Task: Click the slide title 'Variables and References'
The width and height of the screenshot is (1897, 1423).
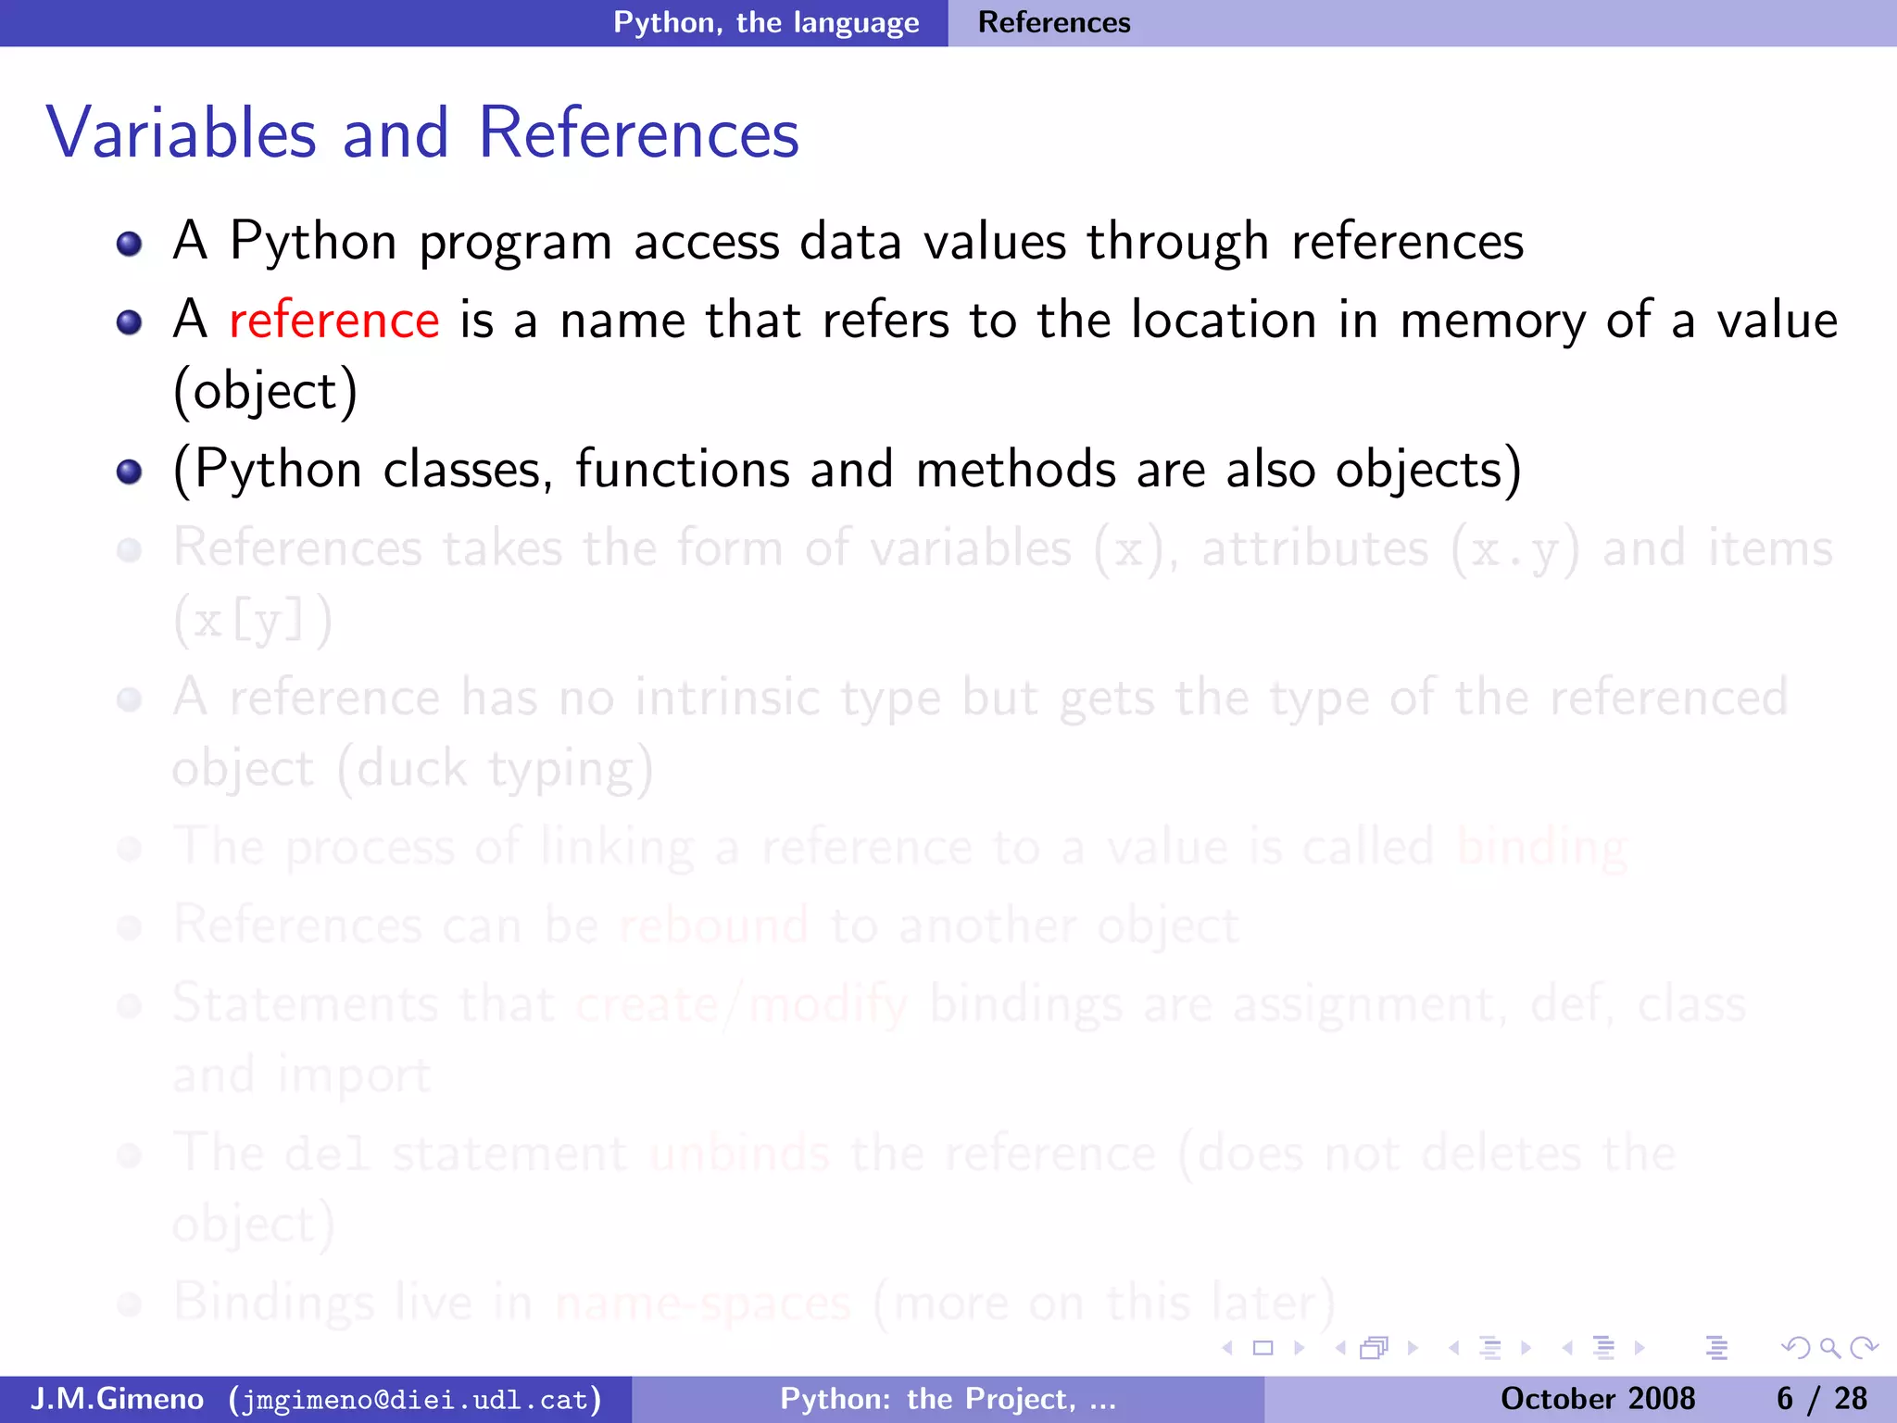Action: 422,133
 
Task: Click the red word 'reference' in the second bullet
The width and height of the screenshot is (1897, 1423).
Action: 333,321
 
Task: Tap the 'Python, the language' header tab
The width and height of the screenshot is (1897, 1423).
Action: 766,22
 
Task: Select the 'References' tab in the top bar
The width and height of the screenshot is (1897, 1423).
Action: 1054,22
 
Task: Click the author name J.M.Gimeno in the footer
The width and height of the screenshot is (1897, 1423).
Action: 118,1398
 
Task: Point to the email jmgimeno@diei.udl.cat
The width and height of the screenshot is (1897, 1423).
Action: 415,1399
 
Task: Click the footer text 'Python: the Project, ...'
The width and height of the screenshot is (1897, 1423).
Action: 948,1398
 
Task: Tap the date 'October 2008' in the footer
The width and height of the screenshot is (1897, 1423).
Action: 1597,1398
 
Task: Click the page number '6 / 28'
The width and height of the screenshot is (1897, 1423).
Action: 1821,1398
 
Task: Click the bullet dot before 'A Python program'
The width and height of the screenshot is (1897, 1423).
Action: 130,244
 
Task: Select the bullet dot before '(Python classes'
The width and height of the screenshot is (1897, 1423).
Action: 130,472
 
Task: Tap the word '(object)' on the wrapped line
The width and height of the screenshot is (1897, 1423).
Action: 266,391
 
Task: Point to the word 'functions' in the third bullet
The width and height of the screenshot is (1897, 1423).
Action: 683,469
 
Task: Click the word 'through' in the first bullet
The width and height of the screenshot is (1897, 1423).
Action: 1177,243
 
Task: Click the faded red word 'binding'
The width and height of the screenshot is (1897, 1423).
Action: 1541,848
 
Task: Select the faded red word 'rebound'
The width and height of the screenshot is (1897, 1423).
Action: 713,925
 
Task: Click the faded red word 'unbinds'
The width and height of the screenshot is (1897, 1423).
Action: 739,1153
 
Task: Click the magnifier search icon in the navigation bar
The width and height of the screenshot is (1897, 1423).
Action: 1829,1348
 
